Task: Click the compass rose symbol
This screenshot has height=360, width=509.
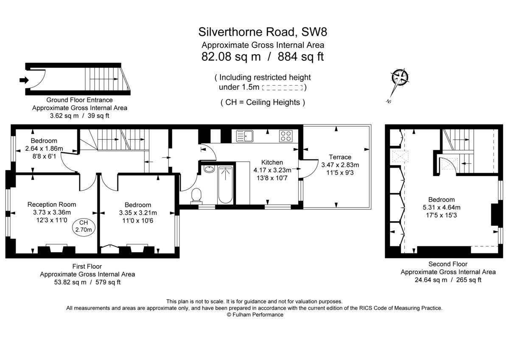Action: click(400, 78)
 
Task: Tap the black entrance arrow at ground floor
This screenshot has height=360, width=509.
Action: click(24, 79)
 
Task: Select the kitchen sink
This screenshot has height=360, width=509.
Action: click(245, 136)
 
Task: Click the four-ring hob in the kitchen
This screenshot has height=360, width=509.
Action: click(285, 136)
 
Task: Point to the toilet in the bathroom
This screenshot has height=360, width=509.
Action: click(196, 196)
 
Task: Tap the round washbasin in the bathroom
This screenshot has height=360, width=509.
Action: click(208, 169)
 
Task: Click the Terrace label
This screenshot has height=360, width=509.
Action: click(340, 157)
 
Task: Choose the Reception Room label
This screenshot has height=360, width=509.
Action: click(52, 204)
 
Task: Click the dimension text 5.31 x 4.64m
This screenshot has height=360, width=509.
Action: click(441, 208)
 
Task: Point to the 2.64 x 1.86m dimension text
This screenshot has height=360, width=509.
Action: click(44, 149)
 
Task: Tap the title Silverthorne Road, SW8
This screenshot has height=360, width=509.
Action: click(263, 32)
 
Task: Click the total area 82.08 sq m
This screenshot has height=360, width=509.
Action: click(231, 56)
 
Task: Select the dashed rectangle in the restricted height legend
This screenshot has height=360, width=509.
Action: click(282, 88)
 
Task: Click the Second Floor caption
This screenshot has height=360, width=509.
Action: click(448, 264)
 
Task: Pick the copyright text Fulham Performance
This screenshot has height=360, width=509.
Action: click(255, 315)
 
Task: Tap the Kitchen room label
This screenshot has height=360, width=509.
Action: click(272, 162)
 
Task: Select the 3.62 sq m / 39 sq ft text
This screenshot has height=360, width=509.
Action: click(79, 115)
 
